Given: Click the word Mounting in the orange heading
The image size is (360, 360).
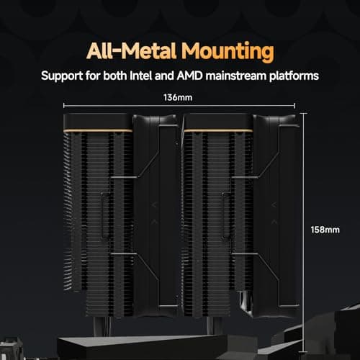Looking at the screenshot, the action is (x=228, y=52).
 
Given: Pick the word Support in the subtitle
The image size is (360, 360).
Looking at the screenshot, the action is (x=62, y=76).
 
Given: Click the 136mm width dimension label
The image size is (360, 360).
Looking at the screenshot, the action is (x=178, y=98).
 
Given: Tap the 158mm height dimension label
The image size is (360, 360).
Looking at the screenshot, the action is (x=325, y=230).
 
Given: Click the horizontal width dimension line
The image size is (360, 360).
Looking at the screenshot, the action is (x=179, y=106).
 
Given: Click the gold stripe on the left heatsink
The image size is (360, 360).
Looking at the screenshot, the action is (x=98, y=131).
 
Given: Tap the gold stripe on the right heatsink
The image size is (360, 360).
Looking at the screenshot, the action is (x=218, y=131).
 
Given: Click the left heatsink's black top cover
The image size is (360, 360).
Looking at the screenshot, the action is (x=98, y=122).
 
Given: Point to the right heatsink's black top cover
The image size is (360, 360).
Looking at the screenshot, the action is (x=218, y=122).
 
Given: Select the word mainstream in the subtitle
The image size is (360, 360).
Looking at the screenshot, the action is (x=236, y=76).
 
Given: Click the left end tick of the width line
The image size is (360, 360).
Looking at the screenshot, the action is (x=64, y=106).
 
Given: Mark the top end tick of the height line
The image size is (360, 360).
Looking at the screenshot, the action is (x=304, y=113).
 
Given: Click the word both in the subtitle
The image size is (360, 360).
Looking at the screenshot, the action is (x=115, y=76).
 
